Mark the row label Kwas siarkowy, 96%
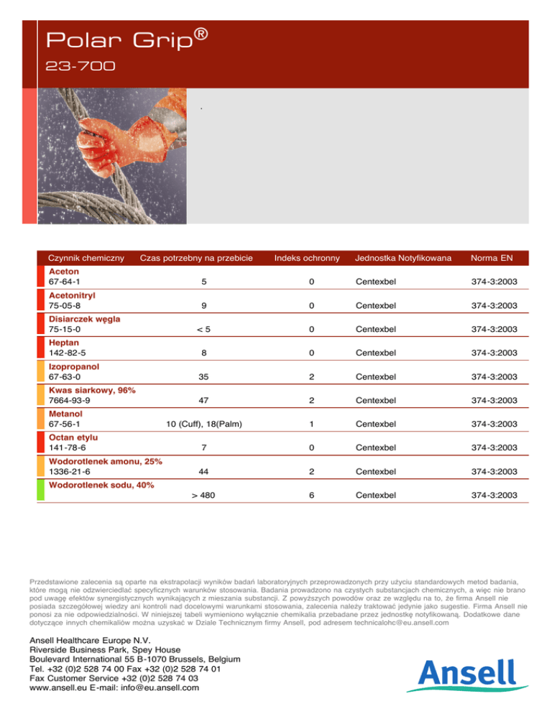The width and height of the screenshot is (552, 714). pyautogui.click(x=92, y=390)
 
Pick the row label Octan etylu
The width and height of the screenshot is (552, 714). pyautogui.click(x=73, y=437)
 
